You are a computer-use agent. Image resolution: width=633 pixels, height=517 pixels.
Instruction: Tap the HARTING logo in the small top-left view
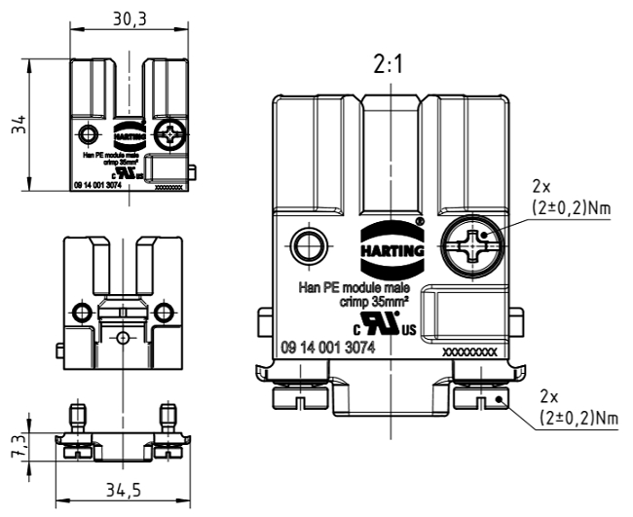128,133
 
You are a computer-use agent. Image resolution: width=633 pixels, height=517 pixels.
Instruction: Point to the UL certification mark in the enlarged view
386,322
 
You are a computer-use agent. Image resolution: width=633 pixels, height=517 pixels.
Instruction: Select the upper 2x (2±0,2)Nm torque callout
571,198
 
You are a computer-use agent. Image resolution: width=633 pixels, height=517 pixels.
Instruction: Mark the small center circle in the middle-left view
122,336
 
